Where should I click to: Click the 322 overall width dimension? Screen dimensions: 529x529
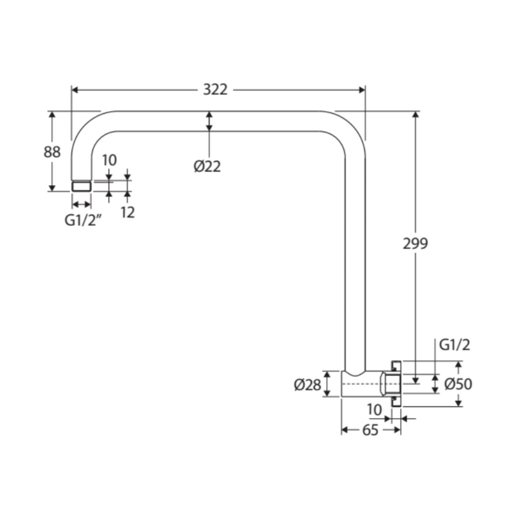215,90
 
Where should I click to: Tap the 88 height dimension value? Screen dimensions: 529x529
52,152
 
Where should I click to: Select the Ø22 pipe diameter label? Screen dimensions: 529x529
207,166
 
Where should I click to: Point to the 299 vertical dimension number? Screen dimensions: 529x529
415,243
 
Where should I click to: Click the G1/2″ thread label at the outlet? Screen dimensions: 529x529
83,221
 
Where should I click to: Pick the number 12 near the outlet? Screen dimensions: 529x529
127,212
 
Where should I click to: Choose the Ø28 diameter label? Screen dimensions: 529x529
307,385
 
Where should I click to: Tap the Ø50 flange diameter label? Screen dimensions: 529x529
458,384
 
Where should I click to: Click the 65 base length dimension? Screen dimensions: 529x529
370,430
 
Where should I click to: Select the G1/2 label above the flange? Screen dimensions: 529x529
454,345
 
